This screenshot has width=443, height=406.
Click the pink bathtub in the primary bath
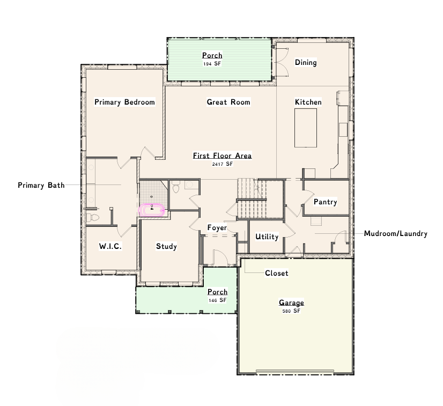(x=152, y=210)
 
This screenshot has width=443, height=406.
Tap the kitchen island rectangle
(x=305, y=128)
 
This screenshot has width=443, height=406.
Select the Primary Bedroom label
(x=124, y=102)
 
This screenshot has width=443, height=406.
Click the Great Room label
(x=228, y=102)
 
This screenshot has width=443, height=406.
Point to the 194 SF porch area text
(x=212, y=64)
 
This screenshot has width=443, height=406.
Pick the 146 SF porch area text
(x=217, y=300)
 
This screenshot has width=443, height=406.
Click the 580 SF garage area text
(x=291, y=311)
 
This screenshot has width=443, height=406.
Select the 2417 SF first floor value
(x=223, y=164)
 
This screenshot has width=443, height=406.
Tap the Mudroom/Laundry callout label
(x=396, y=234)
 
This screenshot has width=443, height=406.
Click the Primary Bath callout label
(x=41, y=186)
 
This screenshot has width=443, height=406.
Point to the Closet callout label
(x=277, y=273)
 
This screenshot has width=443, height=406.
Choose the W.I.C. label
(x=110, y=246)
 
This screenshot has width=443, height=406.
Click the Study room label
(x=166, y=246)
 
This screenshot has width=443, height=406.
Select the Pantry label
(x=326, y=202)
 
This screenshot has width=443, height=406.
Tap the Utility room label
(x=267, y=237)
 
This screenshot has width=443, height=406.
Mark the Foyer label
(x=217, y=228)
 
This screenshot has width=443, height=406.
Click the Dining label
(x=306, y=62)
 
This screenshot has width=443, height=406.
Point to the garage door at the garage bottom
(x=295, y=371)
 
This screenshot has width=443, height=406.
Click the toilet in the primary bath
(x=93, y=218)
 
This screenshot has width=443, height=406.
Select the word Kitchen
(x=308, y=102)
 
